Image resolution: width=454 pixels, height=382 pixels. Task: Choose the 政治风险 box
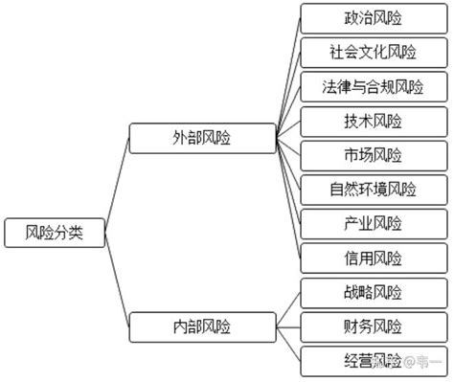[373, 18]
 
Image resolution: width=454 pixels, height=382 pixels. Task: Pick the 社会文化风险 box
[373, 53]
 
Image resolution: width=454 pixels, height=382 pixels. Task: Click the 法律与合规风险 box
[373, 87]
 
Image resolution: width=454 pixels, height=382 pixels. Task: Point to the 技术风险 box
[373, 121]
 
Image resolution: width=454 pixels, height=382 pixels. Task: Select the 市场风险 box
[373, 155]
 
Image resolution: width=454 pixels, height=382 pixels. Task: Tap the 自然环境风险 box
[373, 189]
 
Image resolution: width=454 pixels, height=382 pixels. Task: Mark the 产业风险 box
[373, 223]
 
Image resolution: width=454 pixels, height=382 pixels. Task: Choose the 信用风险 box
[373, 258]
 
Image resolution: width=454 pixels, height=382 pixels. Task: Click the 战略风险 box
[373, 292]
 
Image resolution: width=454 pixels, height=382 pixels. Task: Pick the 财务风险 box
[373, 326]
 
